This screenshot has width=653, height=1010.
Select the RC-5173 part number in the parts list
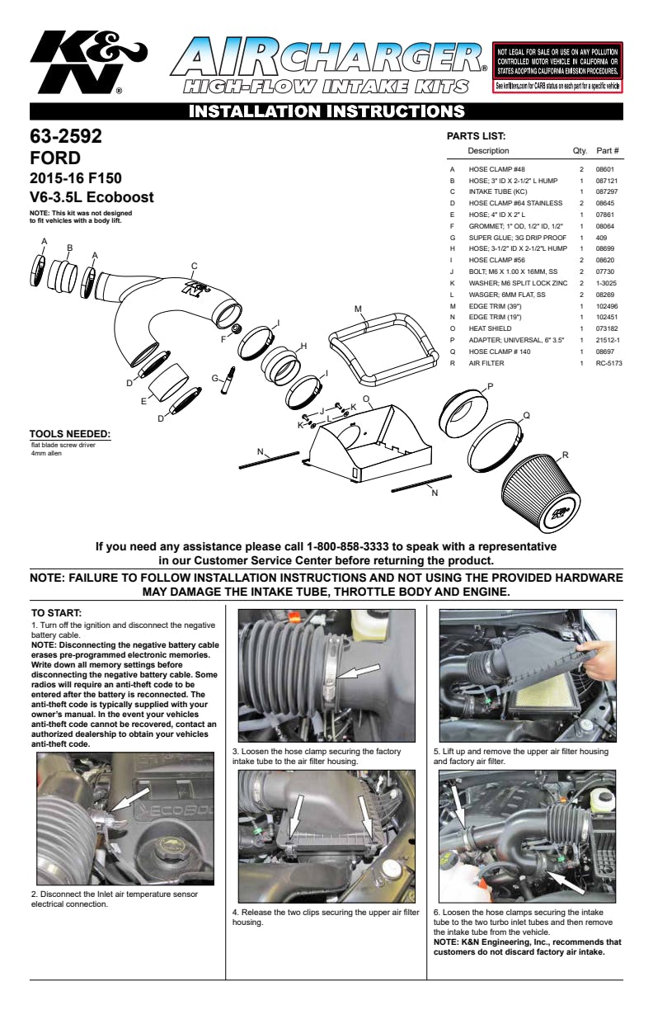(608, 362)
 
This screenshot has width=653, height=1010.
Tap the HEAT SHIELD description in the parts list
(490, 328)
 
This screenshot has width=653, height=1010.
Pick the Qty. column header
(580, 151)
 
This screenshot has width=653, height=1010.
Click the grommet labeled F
(235, 330)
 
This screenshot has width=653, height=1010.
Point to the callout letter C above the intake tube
(194, 266)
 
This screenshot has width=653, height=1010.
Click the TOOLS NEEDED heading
(69, 434)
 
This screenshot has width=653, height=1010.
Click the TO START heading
(56, 613)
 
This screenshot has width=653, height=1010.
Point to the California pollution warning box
(557, 67)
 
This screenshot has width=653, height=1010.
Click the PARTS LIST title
(476, 136)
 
